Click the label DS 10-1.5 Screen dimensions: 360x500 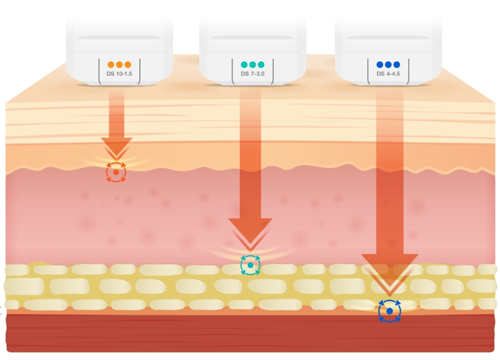(119, 74)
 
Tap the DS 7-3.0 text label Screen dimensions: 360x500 (252, 74)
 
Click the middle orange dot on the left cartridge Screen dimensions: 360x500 (119, 64)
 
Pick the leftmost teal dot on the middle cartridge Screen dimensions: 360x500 (244, 64)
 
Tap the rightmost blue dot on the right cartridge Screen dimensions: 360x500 (397, 64)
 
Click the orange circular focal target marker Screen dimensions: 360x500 (116, 172)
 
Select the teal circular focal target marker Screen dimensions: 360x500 (250, 265)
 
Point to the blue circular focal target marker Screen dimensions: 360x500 (389, 311)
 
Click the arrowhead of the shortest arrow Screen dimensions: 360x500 (116, 147)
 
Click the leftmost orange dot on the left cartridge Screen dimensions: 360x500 (111, 64)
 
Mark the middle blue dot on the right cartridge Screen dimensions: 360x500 (388, 64)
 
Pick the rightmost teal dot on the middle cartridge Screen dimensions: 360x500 (261, 64)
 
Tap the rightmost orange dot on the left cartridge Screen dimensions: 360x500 (128, 64)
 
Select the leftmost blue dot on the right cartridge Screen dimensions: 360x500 (380, 64)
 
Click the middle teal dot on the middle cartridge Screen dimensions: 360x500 (252, 64)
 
